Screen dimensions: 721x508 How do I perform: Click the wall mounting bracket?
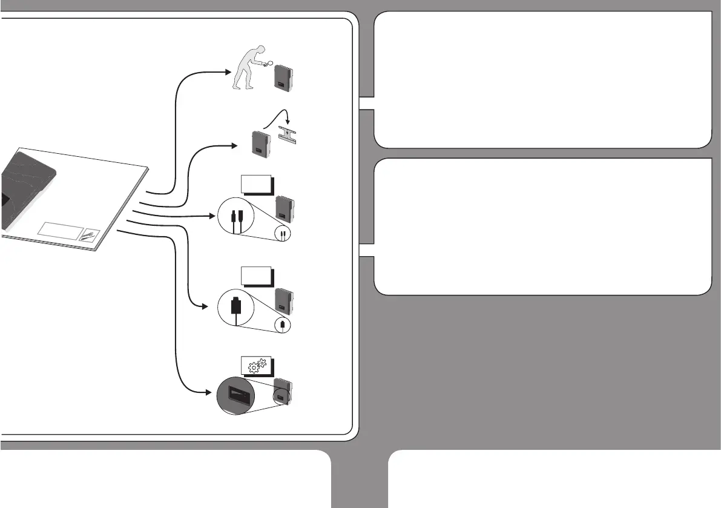(x=290, y=135)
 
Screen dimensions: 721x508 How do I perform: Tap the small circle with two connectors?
(x=283, y=233)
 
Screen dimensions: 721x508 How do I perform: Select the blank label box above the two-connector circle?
(x=256, y=183)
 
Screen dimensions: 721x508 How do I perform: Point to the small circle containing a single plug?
(x=283, y=325)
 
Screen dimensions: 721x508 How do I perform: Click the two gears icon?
(x=257, y=365)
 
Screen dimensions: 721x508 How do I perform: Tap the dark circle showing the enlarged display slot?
(x=236, y=397)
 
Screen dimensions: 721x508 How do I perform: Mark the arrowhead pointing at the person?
(x=229, y=71)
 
